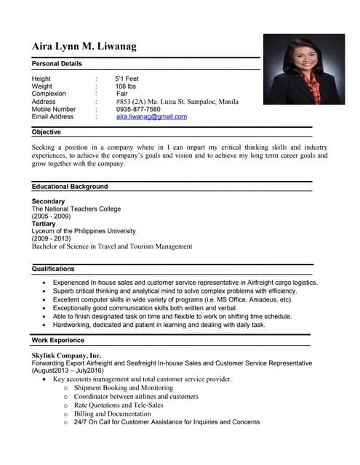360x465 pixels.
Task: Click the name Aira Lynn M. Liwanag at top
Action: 84,47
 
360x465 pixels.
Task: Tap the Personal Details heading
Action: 57,64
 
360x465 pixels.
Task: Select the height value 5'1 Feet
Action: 127,78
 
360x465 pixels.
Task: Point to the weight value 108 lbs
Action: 126,86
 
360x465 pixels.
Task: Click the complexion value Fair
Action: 121,94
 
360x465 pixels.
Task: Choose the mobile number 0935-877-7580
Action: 138,109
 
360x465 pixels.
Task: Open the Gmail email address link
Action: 151,116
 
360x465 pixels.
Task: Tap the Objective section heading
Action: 47,132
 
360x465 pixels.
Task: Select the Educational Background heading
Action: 70,187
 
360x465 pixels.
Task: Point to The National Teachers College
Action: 76,209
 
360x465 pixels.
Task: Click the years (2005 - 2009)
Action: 51,217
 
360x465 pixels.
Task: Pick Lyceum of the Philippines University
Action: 84,231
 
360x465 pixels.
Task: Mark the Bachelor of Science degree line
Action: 112,246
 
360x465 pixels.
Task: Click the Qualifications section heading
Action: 53,269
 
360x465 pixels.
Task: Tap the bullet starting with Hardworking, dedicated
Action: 159,325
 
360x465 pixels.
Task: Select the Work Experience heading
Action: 58,340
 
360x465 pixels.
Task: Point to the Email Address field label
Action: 52,116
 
